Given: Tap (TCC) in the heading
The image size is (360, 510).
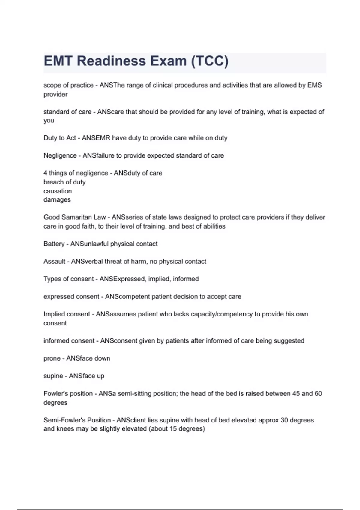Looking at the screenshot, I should point(210,61).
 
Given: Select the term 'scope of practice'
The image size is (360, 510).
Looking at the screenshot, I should point(68,85).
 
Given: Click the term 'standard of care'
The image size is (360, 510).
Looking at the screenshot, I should point(67,112).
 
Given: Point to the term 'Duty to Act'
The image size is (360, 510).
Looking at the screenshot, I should point(60,138).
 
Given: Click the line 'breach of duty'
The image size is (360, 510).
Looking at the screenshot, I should point(64,182).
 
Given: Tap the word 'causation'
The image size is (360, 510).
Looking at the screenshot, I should point(58,191).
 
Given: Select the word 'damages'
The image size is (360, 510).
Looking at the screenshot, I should point(57,200).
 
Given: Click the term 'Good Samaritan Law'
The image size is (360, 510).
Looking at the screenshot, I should point(75,217).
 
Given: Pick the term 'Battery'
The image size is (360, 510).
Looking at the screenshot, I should point(54,244).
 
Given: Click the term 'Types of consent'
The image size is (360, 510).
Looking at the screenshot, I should point(69,279).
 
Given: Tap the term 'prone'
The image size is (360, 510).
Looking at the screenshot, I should point(52,358).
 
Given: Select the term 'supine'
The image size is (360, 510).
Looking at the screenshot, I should point(53,376).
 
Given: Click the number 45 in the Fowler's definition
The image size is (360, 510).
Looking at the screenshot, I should point(296,393).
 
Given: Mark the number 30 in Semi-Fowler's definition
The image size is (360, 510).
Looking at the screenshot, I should point(284,420).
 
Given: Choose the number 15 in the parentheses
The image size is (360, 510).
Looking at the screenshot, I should point(173,429).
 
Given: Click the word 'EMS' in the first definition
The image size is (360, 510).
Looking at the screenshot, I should point(314,85).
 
